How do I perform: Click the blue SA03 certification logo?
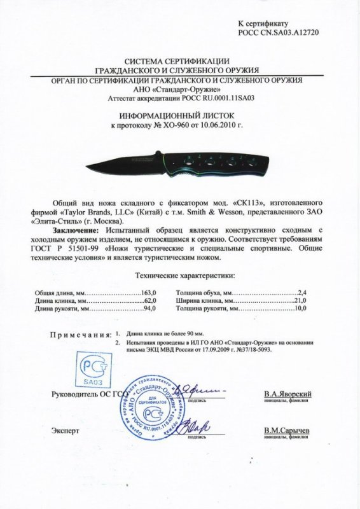[92, 369]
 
